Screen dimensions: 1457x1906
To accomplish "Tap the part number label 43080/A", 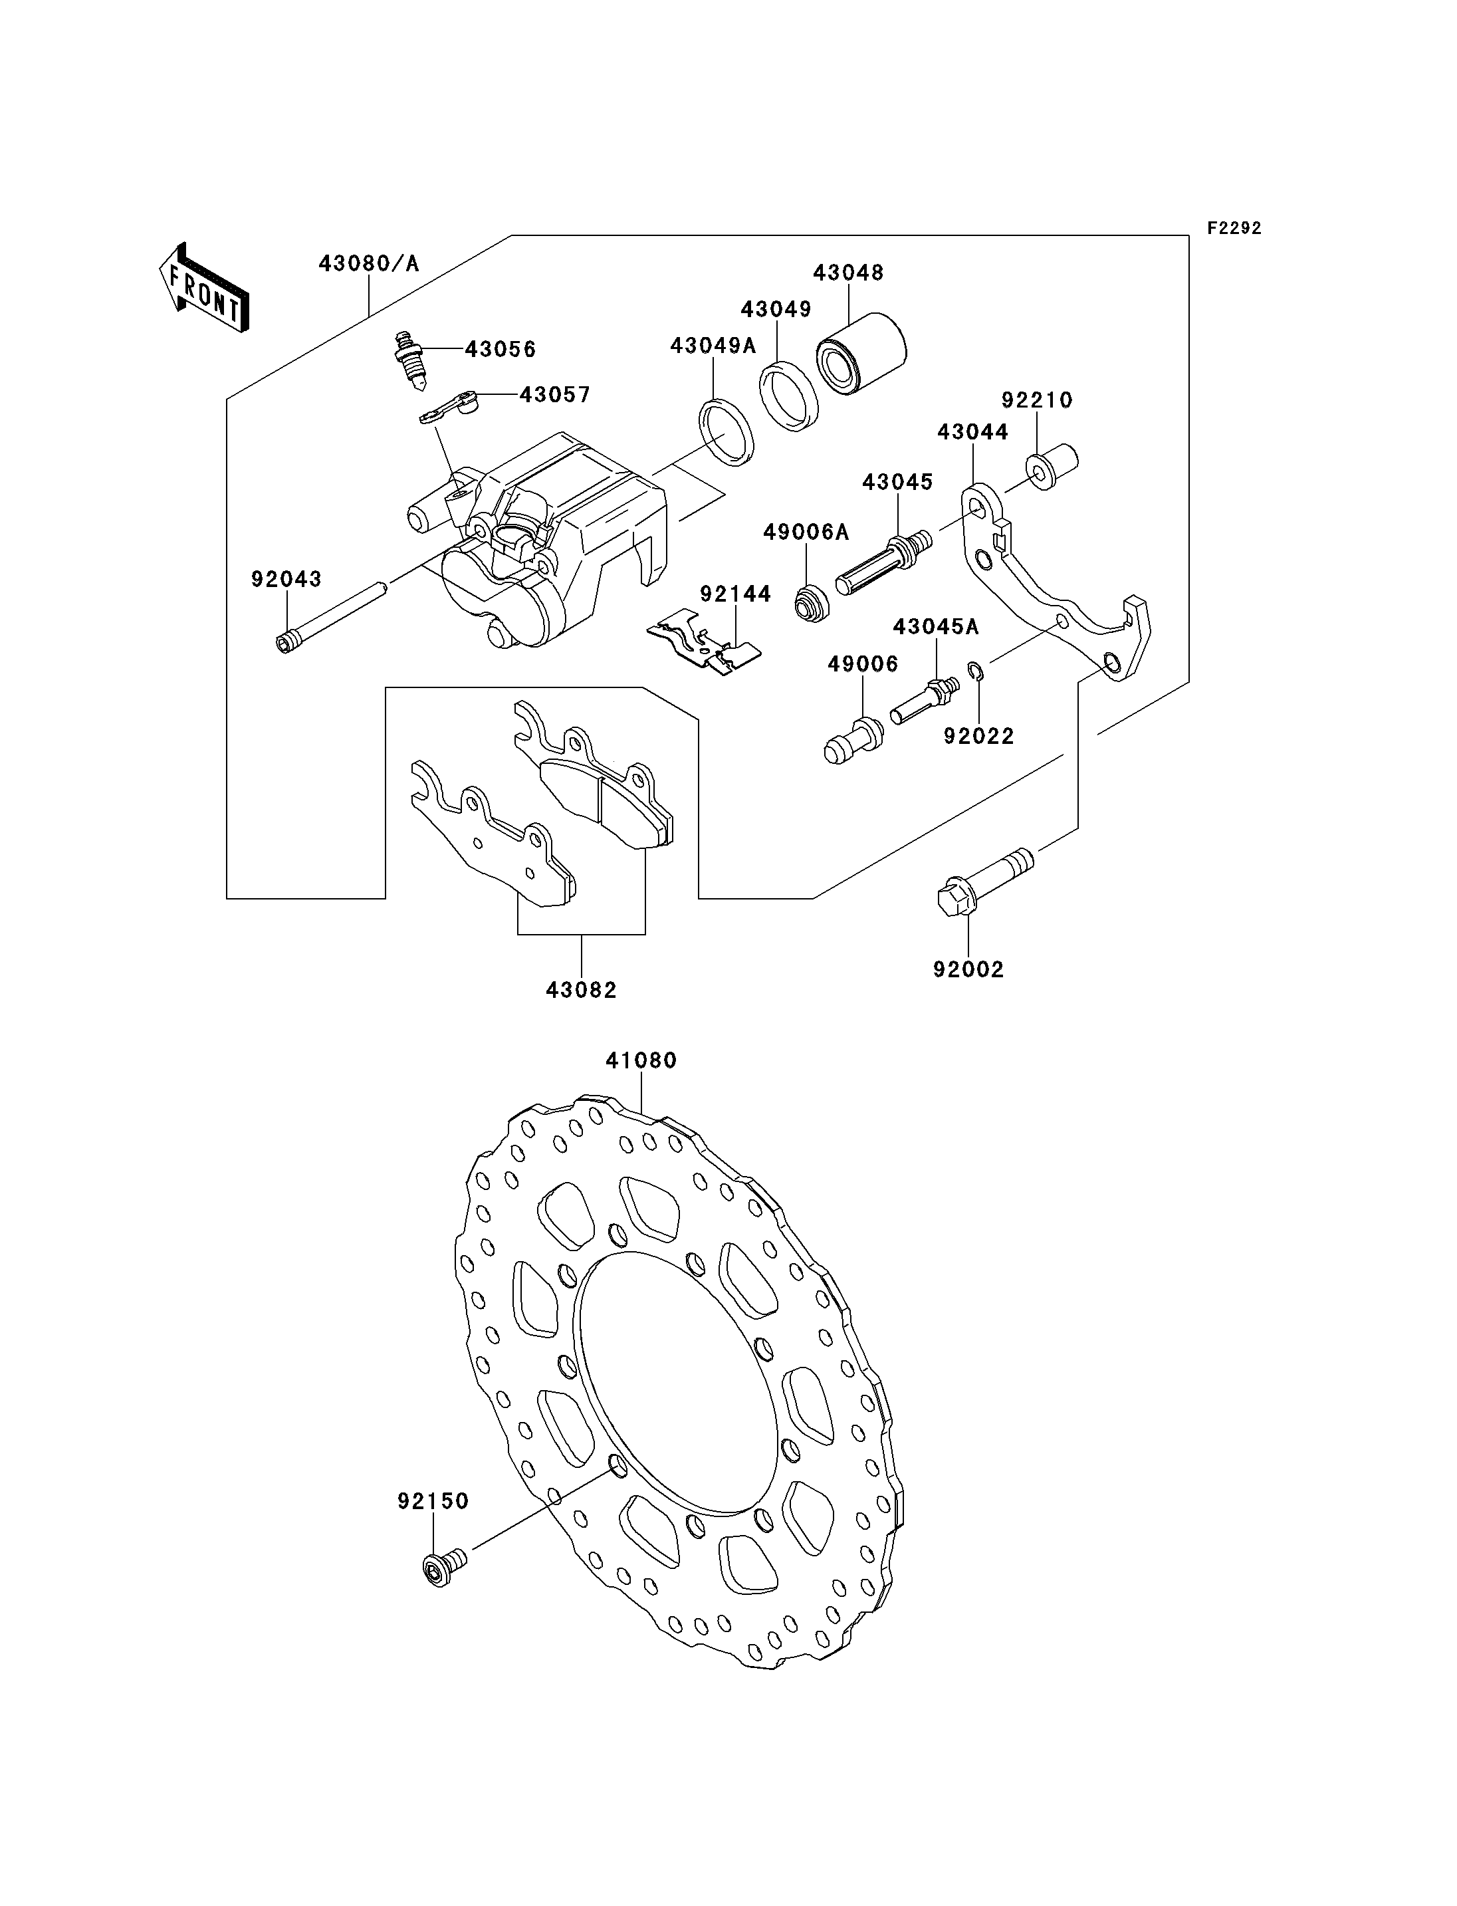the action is pyautogui.click(x=369, y=263).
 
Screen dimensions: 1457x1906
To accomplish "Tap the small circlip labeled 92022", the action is pyautogui.click(x=975, y=671).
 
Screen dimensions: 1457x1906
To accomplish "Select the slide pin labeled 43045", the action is pyautogui.click(x=885, y=563).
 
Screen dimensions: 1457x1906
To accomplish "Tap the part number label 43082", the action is pyautogui.click(x=581, y=990).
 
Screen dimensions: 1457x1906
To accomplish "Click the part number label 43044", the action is pyautogui.click(x=973, y=432).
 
